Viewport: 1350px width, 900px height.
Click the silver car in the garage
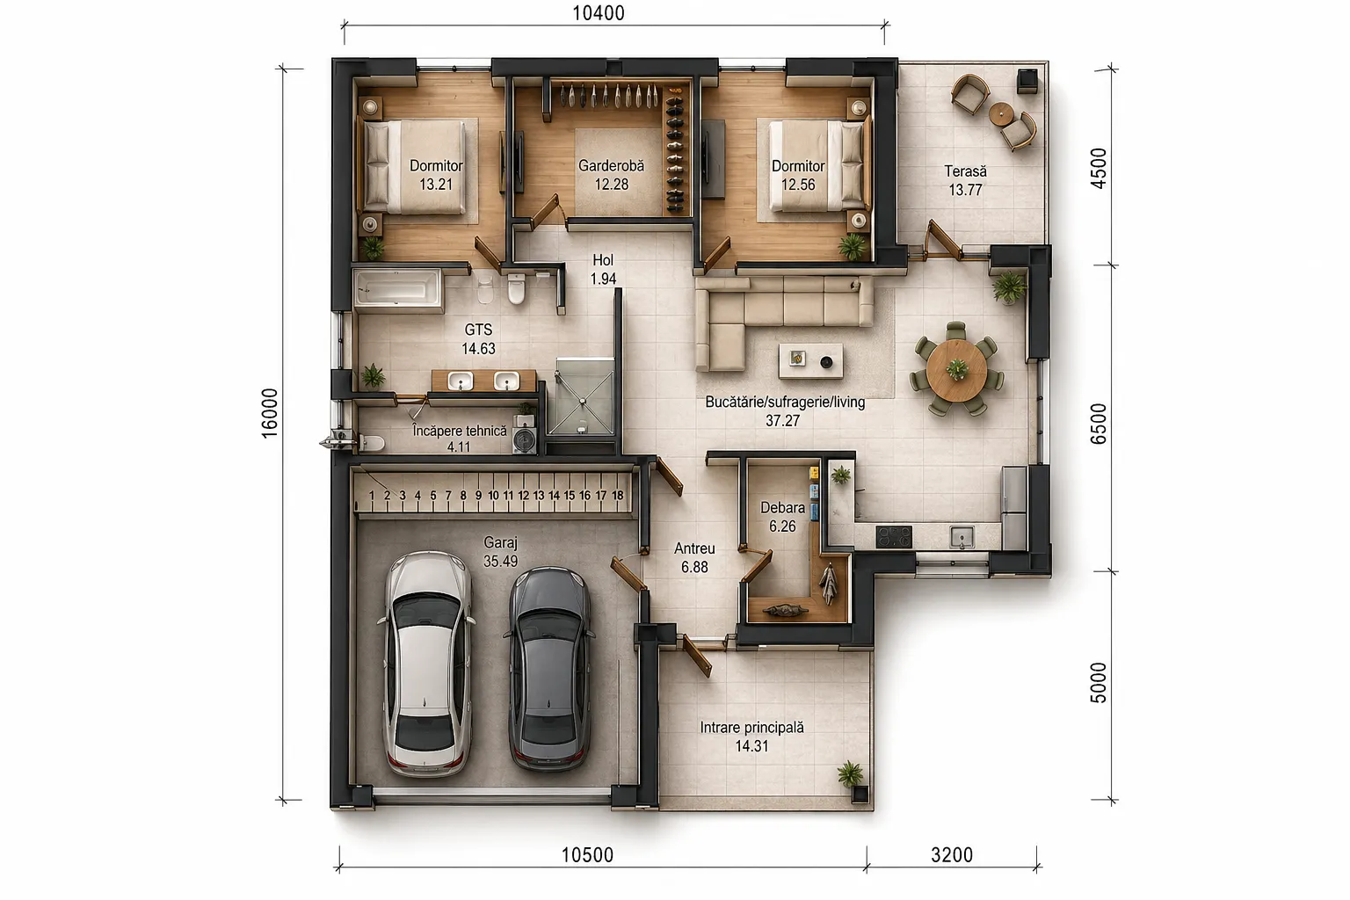click(x=426, y=663)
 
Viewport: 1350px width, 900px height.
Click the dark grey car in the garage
click(x=548, y=668)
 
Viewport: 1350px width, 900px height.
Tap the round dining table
click(x=956, y=369)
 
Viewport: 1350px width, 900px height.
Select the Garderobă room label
click(x=611, y=165)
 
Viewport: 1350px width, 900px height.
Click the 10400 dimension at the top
click(x=598, y=12)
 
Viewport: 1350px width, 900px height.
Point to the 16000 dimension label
click(x=270, y=414)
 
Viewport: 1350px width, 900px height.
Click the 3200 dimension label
click(x=952, y=855)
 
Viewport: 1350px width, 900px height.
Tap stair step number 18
click(x=617, y=495)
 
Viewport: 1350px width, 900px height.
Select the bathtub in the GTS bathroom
click(x=398, y=290)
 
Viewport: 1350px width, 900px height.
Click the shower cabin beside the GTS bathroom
click(x=584, y=396)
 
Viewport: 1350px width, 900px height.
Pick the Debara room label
click(x=782, y=508)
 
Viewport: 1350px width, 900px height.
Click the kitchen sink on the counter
click(x=962, y=536)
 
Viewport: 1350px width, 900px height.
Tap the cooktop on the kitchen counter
click(x=894, y=536)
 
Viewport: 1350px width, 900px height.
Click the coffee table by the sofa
click(x=810, y=360)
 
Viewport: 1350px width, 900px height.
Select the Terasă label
click(x=965, y=171)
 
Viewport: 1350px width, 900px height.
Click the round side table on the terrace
click(x=1001, y=113)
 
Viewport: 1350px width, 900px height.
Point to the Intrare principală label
click(x=751, y=727)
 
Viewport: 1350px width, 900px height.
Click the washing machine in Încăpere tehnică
click(x=525, y=439)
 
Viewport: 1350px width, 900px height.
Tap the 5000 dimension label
click(x=1098, y=682)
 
